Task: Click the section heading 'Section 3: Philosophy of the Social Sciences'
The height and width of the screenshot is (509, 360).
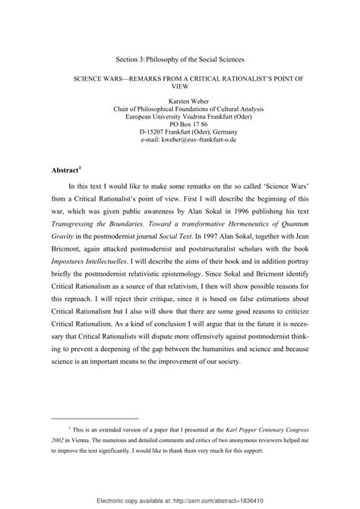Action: point(179,58)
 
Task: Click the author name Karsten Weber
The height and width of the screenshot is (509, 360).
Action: point(180,100)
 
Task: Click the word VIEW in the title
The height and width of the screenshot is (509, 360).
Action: point(180,87)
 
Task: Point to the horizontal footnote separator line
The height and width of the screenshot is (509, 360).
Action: point(94,417)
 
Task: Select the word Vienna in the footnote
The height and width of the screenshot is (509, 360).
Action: point(89,442)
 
